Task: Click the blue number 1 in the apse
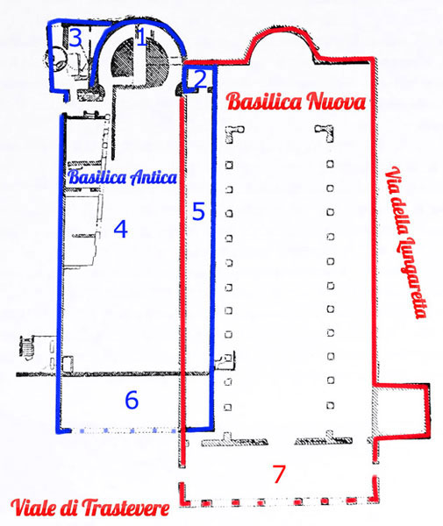coord(141,37)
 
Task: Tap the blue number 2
coord(200,80)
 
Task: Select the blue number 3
coord(75,38)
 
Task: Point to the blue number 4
coord(121,229)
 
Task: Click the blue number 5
coord(198,211)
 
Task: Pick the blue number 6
coord(132,400)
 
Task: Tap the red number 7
coord(279,473)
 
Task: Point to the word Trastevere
coord(125,508)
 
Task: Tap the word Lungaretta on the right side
coord(411,278)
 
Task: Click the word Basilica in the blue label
coord(97,177)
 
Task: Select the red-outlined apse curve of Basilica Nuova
coord(282,32)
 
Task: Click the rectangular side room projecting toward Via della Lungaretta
coord(402,411)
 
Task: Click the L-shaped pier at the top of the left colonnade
coord(234,134)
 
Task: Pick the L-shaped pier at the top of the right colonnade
coord(325,133)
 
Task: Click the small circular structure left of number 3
coord(59,59)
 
